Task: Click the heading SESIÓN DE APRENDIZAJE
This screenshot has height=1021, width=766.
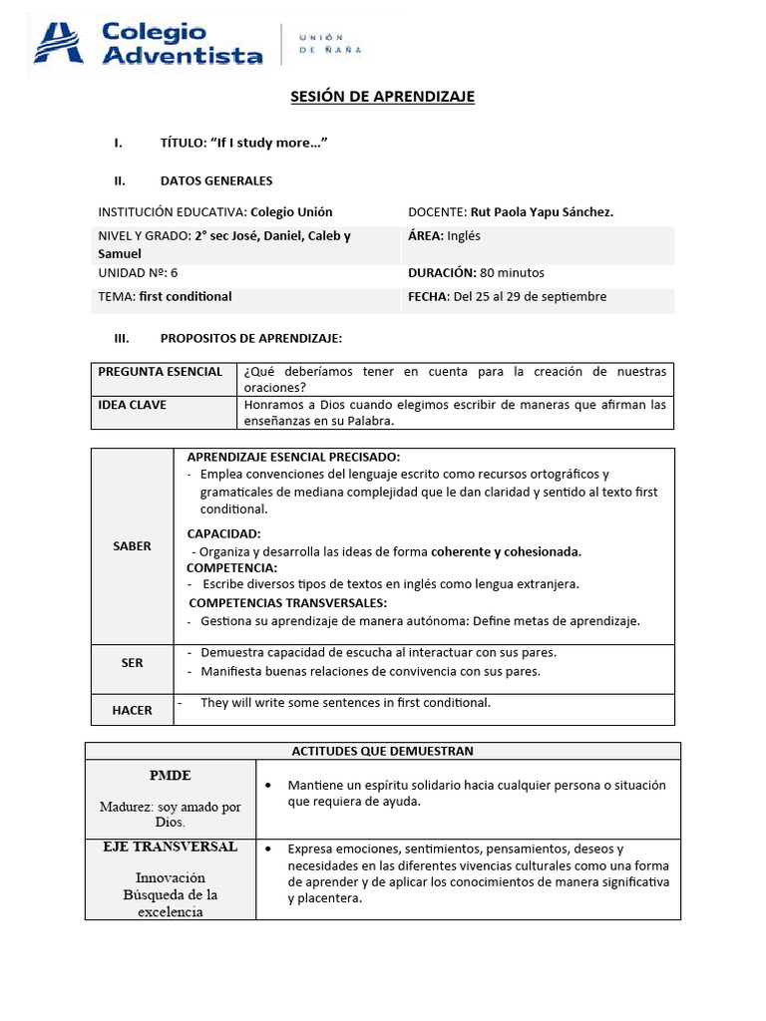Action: (382, 97)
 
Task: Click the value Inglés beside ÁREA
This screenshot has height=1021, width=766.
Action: (464, 236)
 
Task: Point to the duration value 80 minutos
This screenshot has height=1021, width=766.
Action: (513, 273)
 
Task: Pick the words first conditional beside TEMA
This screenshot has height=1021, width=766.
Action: (186, 296)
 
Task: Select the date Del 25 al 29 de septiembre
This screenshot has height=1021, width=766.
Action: (529, 296)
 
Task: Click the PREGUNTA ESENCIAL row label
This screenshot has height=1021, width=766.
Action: (161, 372)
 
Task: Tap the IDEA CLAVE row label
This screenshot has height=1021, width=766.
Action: (133, 405)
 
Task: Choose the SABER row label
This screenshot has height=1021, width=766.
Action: (133, 546)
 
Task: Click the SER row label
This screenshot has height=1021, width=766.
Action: (133, 663)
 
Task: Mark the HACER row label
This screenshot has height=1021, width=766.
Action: (133, 710)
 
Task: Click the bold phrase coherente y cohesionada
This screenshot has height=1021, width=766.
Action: (507, 551)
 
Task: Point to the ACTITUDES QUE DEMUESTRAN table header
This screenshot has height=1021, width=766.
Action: (382, 751)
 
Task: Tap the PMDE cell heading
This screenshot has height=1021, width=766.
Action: (171, 776)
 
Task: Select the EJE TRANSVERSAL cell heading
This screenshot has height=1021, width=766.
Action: (171, 847)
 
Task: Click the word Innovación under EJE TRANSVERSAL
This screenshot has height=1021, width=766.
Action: (171, 877)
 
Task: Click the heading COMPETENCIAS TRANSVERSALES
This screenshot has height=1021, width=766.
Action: (288, 603)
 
